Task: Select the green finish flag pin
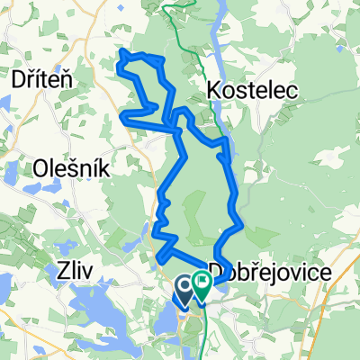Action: click(200, 287)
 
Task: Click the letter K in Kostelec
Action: click(214, 90)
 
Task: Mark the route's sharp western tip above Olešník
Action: click(122, 114)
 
